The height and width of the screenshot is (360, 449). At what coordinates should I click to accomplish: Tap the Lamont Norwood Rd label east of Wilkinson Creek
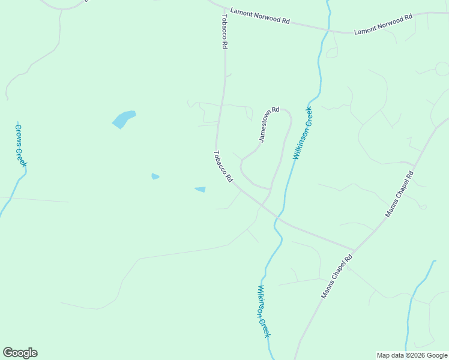click(383, 25)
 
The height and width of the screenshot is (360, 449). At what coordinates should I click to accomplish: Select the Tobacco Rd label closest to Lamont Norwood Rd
click(225, 31)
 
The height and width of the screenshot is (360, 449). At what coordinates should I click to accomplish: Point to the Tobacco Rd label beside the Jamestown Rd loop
click(222, 167)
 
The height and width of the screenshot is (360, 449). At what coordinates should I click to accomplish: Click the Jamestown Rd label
click(269, 124)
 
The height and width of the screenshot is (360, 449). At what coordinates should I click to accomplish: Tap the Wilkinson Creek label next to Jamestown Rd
click(303, 133)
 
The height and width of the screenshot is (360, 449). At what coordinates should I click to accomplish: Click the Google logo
click(20, 353)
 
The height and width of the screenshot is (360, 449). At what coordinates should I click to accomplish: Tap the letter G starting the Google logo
click(8, 353)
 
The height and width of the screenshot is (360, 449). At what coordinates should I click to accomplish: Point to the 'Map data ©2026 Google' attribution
click(412, 355)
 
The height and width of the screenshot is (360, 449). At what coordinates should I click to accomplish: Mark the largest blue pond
click(124, 118)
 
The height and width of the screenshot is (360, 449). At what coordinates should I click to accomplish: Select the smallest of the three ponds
click(155, 176)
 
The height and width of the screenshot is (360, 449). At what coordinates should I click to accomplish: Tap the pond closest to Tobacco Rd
click(200, 190)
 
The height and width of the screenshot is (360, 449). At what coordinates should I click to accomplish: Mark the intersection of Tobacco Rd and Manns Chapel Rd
click(355, 250)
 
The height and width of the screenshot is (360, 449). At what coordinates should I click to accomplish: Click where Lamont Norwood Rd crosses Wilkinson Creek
click(328, 29)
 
